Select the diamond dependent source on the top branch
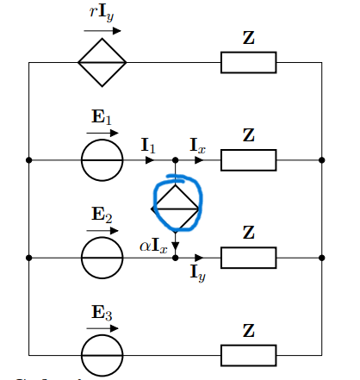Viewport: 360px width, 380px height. coord(102,62)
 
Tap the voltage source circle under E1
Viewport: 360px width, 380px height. coord(102,160)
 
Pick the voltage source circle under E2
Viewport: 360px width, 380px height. coord(102,257)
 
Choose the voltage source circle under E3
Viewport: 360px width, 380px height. coord(102,354)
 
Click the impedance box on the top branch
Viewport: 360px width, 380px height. coord(248,62)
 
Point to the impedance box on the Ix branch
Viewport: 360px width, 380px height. coord(248,160)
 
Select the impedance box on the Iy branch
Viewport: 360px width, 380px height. coord(248,257)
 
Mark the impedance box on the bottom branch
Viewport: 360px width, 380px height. coord(248,354)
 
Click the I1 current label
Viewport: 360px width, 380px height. coord(149,146)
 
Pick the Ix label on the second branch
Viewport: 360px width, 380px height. coord(199,146)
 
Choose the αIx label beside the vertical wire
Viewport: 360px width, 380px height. coord(153,246)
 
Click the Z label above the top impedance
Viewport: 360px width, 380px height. coord(248,38)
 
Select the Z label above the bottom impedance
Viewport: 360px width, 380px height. coord(248,330)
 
